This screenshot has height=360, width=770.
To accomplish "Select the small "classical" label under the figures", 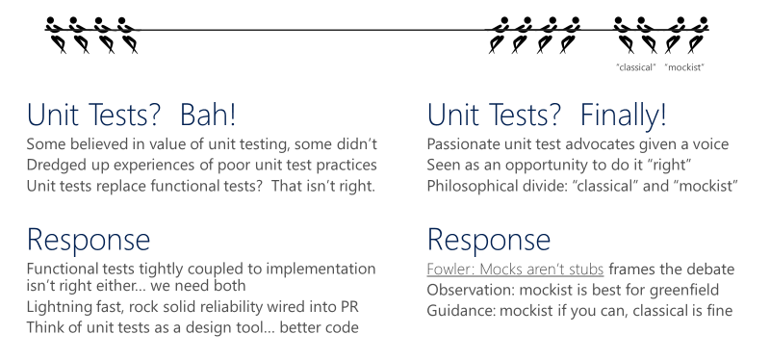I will coord(635,66).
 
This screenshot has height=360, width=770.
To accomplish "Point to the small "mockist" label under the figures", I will coord(686,66).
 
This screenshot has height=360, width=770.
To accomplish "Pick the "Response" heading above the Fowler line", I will coord(488,240).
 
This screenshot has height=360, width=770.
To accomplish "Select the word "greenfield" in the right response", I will coord(695,290).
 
